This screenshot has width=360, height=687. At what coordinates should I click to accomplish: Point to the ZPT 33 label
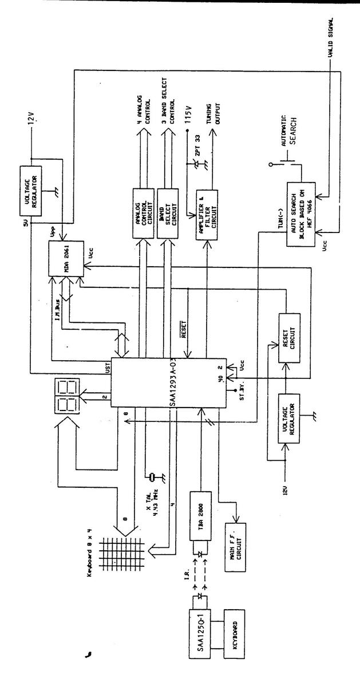(198, 143)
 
